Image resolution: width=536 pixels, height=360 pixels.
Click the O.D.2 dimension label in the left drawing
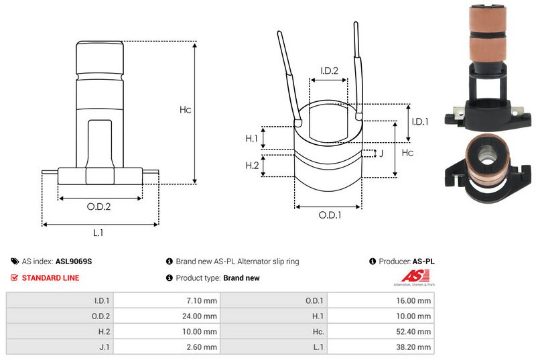(x=98, y=206)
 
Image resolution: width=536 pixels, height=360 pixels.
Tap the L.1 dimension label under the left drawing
(x=98, y=233)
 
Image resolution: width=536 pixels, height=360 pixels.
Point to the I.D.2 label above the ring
(x=328, y=70)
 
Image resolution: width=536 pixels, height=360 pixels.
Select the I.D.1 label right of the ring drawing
(x=420, y=121)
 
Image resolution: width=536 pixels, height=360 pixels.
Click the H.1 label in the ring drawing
(x=252, y=138)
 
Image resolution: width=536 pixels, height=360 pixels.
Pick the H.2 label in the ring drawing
(x=252, y=166)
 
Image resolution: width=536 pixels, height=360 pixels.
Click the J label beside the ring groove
(x=381, y=154)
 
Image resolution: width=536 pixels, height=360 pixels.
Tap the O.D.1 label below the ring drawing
(x=330, y=215)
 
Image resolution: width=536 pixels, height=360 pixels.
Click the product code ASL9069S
(x=73, y=262)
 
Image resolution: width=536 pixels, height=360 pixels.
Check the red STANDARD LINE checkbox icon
(x=15, y=278)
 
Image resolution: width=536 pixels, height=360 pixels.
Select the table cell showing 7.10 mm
(x=201, y=301)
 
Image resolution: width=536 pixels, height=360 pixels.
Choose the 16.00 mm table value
(x=413, y=301)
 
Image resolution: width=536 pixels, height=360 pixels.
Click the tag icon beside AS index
(x=15, y=262)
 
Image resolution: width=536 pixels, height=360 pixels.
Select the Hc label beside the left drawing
(x=186, y=109)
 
